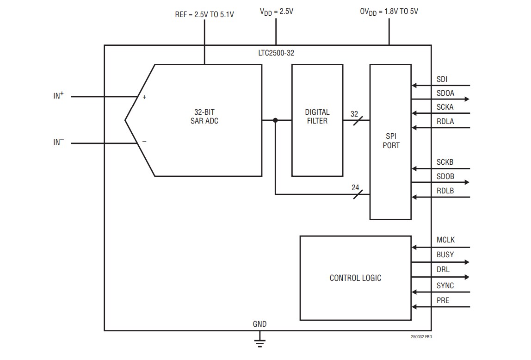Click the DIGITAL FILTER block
(x=317, y=120)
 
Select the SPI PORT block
(x=390, y=141)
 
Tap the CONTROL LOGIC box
(x=355, y=278)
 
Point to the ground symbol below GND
(x=259, y=343)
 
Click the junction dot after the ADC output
(x=275, y=120)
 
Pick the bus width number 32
(x=354, y=113)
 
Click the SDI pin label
(x=442, y=79)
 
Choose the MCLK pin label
(x=445, y=240)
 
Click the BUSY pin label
(x=445, y=254)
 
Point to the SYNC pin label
(x=445, y=286)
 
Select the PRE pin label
(x=443, y=300)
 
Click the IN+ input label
(x=58, y=96)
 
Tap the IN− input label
(x=58, y=142)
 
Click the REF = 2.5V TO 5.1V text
(x=204, y=15)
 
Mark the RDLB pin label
(x=445, y=191)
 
